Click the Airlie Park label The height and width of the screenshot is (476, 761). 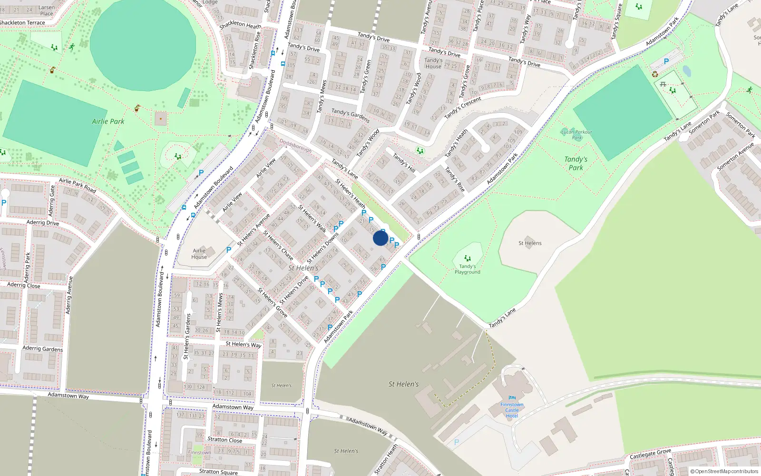pos(108,121)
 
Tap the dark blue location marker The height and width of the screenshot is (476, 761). pos(380,238)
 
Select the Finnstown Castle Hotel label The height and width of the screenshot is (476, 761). pos(512,410)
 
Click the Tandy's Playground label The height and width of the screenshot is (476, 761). pos(467,269)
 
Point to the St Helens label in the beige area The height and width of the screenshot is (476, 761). pos(530,243)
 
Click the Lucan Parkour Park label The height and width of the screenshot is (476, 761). pos(576,135)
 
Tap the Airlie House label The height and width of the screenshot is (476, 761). pos(199,254)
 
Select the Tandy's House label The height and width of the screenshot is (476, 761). pos(433,63)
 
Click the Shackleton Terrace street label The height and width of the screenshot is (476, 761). pos(22,22)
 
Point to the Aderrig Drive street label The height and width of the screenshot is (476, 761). pos(43,222)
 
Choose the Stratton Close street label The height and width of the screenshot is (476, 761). pos(224,439)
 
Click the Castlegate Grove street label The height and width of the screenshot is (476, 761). pos(650,454)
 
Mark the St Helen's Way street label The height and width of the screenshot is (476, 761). pos(243,344)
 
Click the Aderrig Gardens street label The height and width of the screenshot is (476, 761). pos(42,348)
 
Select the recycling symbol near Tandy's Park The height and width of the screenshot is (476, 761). pos(655,74)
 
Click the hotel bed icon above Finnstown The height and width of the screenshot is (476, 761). pos(512,397)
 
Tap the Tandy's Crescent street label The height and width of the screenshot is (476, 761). pos(463,107)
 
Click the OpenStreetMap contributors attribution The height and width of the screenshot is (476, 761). pos(724,471)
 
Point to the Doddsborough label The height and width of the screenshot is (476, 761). pos(295,146)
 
